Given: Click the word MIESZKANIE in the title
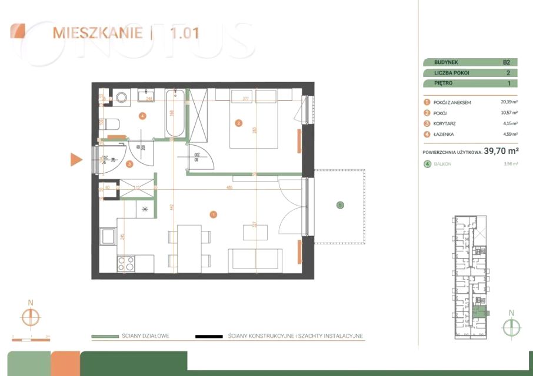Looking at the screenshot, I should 97,32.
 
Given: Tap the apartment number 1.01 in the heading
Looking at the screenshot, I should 184,32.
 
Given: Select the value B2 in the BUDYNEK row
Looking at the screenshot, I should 506,62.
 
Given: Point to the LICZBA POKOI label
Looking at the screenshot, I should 452,73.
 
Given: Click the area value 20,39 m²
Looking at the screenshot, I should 508,102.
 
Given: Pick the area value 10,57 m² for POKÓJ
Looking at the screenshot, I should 508,113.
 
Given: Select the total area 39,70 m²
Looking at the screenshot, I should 500,151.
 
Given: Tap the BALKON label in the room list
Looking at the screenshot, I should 443,164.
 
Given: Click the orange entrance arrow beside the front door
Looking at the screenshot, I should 76,159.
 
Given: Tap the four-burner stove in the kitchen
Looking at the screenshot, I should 126,263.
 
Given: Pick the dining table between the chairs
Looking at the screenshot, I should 189,249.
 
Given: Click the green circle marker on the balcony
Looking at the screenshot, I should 339,205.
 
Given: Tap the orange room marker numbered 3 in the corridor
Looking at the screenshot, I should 129,164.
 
